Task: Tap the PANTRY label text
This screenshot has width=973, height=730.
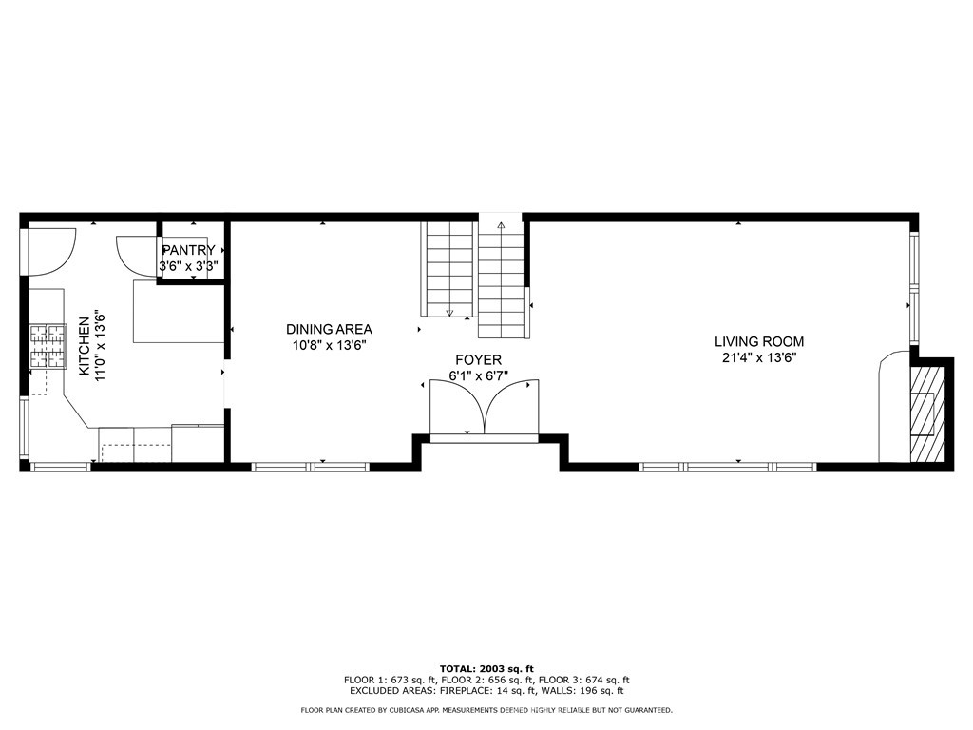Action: point(187,251)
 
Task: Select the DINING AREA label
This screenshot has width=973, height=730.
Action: point(329,330)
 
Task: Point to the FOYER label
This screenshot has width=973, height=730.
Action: point(477,360)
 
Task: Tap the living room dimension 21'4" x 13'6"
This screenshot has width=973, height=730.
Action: point(758,358)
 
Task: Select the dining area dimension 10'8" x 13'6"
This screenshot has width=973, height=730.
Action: point(329,346)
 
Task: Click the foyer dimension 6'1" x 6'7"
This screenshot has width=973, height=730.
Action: point(479,376)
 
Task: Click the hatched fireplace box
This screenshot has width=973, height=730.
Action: point(923,414)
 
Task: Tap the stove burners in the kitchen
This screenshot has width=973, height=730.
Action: point(48,346)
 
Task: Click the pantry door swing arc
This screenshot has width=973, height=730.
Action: point(133,252)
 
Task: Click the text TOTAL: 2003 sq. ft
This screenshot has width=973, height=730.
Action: point(486,669)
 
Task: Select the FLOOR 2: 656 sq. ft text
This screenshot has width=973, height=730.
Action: point(486,680)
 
